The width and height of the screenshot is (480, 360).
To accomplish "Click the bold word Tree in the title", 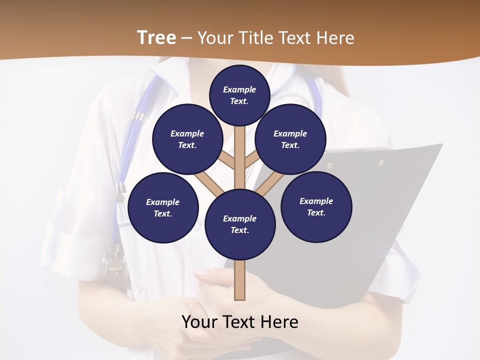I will point(156,37).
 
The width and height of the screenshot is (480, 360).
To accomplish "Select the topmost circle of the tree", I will point(239,95).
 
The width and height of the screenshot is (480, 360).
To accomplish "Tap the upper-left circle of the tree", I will point(187,139).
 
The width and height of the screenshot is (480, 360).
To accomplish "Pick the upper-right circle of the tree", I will point(290,139).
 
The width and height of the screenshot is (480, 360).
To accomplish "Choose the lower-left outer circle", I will point(163,207).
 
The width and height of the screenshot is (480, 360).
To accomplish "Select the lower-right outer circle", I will point(316,206).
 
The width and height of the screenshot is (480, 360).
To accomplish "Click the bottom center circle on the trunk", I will point(240,224).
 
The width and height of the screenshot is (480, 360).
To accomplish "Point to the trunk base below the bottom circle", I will point(240,280).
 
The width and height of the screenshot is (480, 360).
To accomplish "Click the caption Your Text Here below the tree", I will point(240,322).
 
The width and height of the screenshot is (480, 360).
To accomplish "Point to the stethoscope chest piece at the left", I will point(113,260).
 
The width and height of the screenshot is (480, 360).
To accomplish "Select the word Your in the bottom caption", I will point(199,322).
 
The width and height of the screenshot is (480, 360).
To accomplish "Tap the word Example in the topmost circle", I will point(239,89).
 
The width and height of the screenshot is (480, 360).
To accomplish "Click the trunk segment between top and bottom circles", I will point(240,155).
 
